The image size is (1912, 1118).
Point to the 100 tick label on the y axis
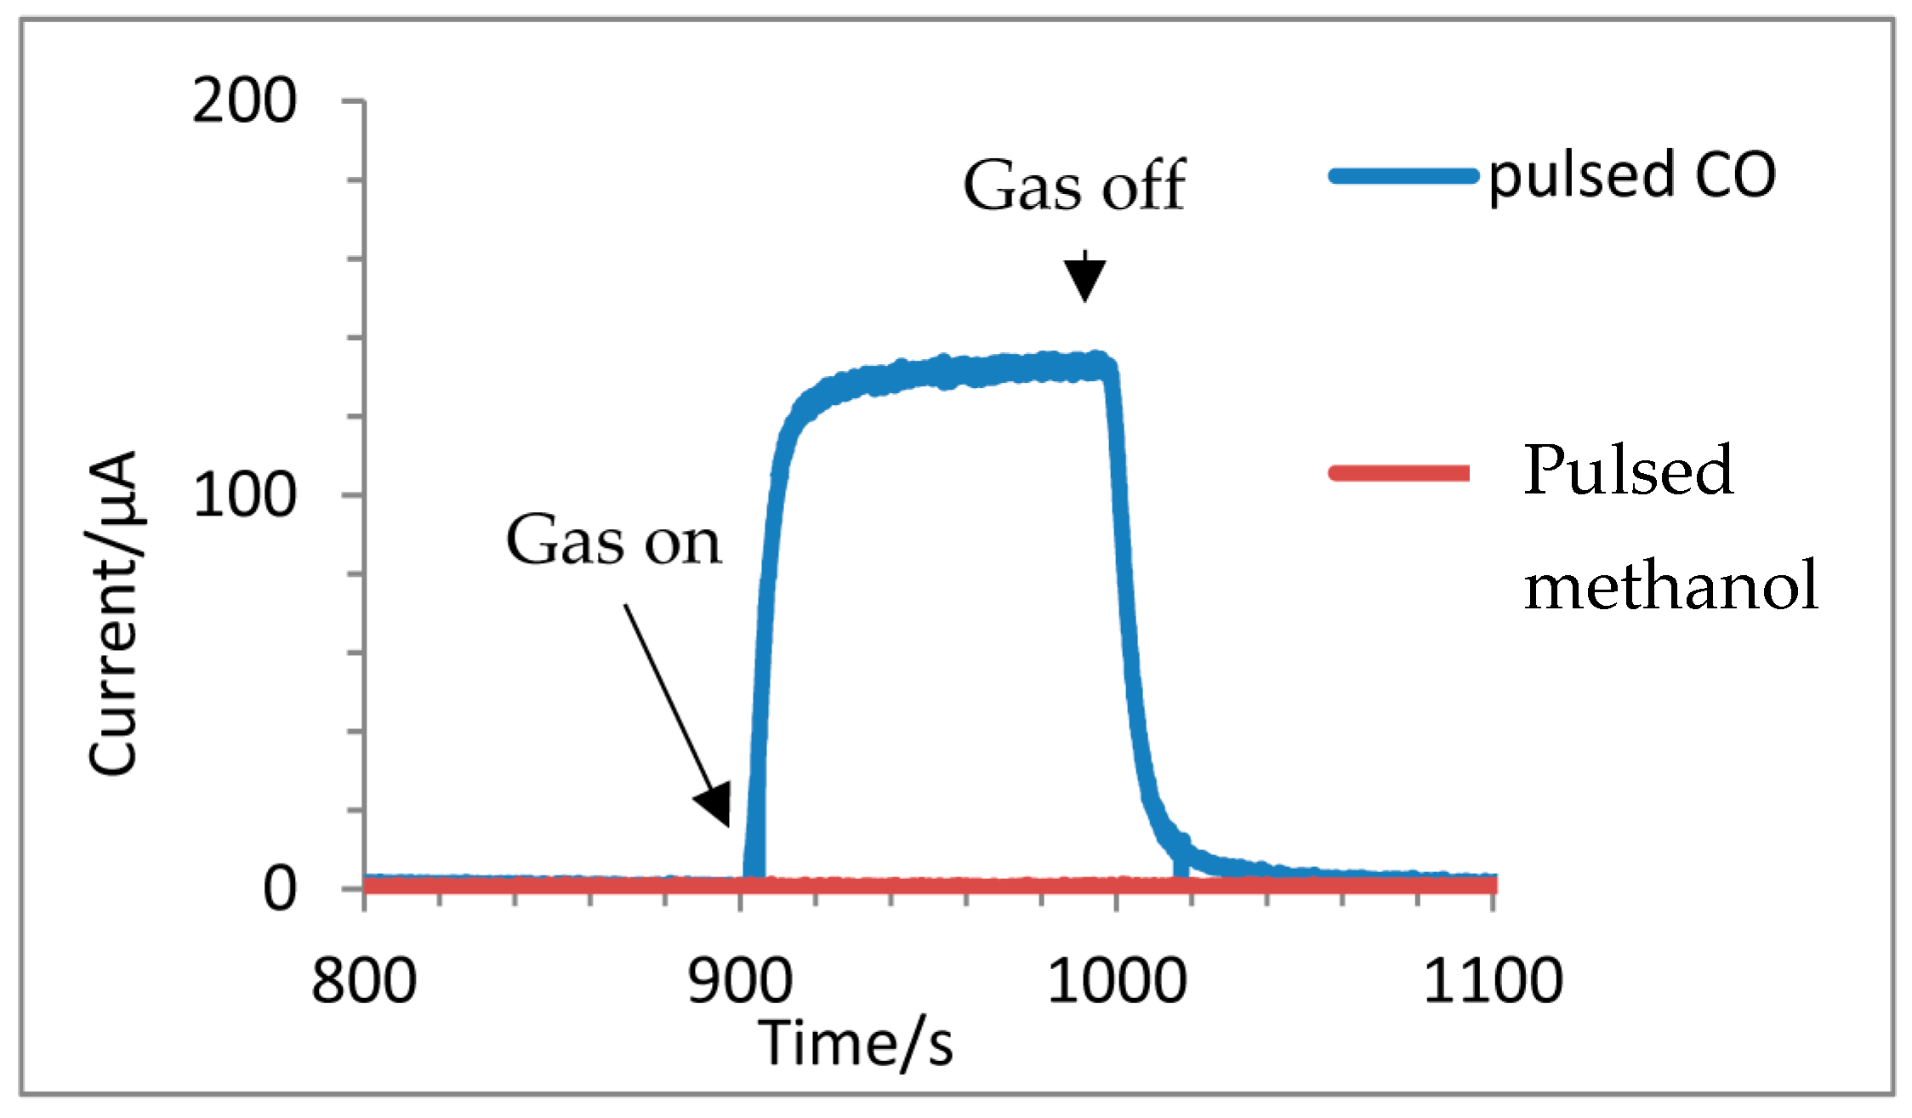point(244,495)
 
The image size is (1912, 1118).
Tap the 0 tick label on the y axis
point(280,889)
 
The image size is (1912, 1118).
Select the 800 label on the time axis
point(364,981)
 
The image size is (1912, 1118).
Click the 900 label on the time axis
point(740,981)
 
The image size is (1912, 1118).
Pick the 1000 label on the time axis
point(1116,981)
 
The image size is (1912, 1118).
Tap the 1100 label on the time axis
point(1493,981)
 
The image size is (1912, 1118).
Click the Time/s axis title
point(856,1043)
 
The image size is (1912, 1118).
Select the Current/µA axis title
point(114,613)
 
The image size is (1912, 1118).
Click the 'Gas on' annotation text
point(613,540)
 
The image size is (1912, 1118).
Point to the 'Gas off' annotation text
point(1074,185)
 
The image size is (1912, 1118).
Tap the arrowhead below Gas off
point(1084,279)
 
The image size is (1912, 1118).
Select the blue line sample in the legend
point(1403,176)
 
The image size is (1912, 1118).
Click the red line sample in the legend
point(1400,473)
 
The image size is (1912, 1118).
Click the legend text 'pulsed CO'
point(1631,176)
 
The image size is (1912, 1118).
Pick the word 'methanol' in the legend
point(1670,585)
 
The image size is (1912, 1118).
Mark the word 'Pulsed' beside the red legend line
point(1627,470)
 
